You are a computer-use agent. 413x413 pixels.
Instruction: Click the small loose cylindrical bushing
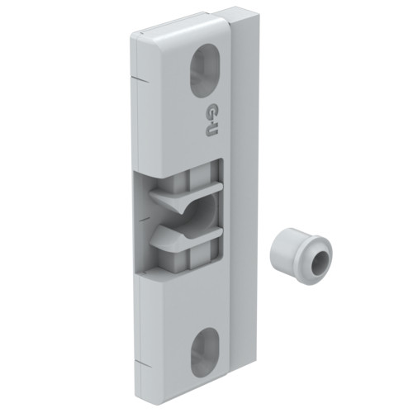pos(301,253)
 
